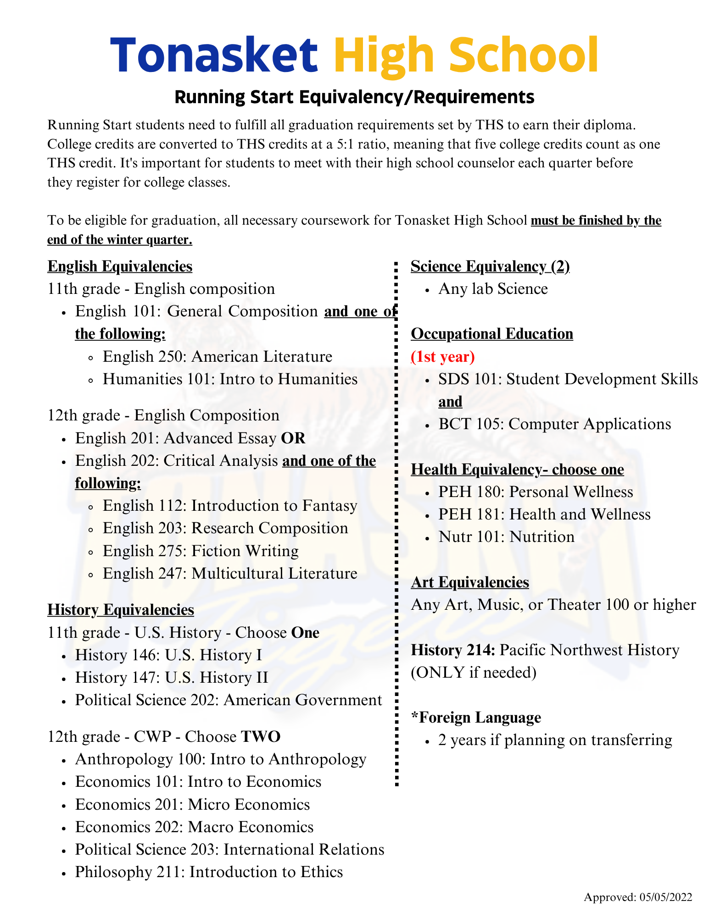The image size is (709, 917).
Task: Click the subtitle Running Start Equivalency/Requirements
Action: pos(354,97)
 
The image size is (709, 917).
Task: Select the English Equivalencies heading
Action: pos(120,266)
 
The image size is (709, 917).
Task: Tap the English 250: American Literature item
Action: pos(217,356)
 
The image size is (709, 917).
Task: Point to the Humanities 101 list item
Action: pos(230,379)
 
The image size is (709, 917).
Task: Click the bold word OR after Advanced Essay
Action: pos(293,438)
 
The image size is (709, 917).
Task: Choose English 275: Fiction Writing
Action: pos(201,550)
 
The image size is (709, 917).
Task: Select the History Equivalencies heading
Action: pos(121,609)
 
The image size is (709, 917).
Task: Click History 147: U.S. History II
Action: pos(172,677)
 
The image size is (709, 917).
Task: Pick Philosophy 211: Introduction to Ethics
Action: pos(209,872)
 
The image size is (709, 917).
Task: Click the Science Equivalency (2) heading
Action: pos(490,266)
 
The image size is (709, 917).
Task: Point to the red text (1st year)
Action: pos(442,356)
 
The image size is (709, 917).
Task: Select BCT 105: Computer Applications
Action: pos(554,424)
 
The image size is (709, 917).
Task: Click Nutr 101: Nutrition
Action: pos(506,536)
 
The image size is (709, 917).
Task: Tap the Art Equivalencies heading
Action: pos(470,582)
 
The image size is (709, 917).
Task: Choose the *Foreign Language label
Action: pos(476,717)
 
